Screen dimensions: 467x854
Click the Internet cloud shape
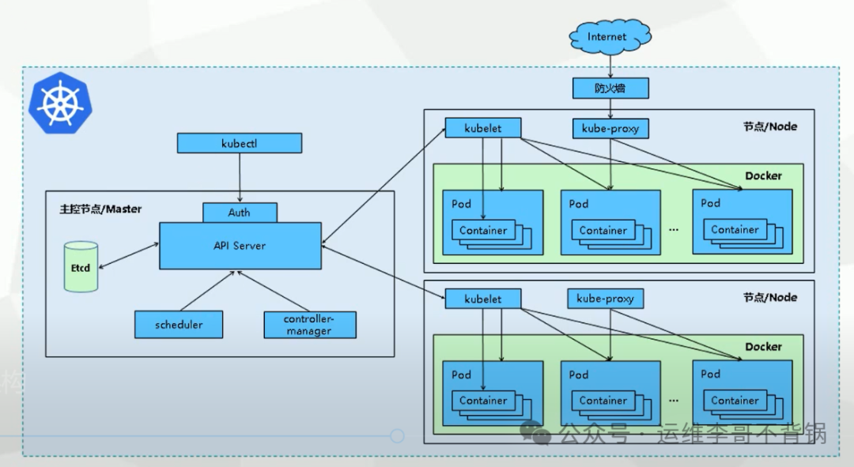tap(607, 36)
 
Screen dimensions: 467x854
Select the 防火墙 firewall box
tap(610, 88)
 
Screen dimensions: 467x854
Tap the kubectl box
tap(240, 143)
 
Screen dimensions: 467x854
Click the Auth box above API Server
tap(240, 212)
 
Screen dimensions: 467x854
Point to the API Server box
tap(240, 246)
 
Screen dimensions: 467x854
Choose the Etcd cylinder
tap(81, 267)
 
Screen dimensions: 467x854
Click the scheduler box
tap(179, 324)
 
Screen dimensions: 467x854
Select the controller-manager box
tap(309, 325)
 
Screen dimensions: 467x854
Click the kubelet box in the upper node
tap(483, 128)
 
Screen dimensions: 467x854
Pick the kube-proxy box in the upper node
tap(610, 128)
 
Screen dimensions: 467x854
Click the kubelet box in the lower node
tap(483, 299)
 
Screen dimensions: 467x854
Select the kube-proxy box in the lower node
tap(605, 299)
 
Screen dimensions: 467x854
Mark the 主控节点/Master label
tap(100, 209)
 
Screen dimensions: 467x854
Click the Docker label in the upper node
tap(763, 175)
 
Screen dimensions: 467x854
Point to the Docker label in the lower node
tap(763, 346)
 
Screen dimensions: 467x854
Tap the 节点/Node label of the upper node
tap(770, 126)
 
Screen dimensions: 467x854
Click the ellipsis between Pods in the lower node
tap(674, 399)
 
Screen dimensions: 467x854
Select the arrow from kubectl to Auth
tap(240, 178)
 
